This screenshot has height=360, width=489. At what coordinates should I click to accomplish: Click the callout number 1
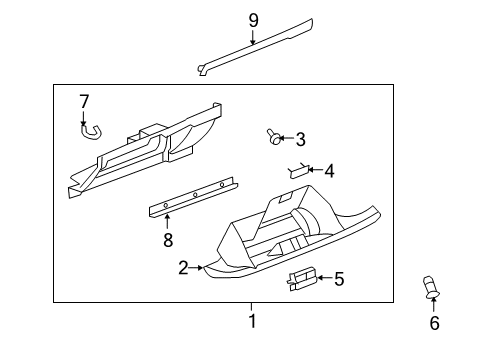coord(252,321)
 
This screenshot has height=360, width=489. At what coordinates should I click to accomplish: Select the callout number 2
coord(183,267)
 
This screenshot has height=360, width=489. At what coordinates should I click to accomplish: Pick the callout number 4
coord(329,171)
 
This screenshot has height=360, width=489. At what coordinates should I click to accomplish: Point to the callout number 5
coord(338,279)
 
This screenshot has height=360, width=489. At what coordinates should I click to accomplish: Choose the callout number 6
coord(434,322)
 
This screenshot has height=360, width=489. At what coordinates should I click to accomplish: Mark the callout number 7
coord(84,101)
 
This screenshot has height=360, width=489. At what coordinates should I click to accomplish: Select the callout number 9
coord(253,18)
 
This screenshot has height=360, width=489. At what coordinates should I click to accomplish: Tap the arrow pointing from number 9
coord(253,36)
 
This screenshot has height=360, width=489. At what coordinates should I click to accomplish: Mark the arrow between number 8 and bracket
coord(168,221)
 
